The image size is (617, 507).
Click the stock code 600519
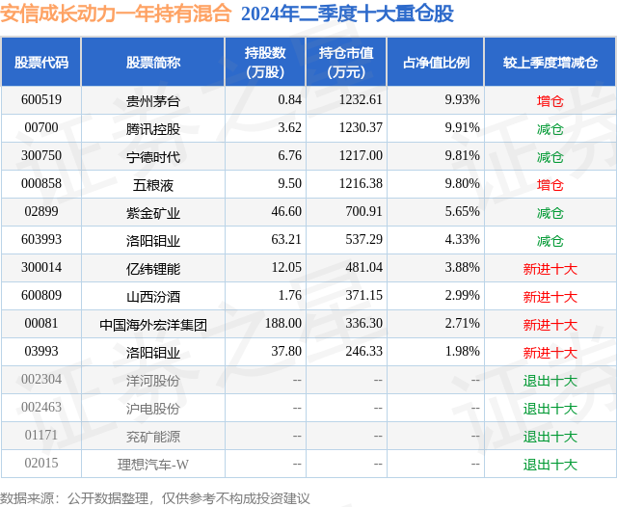point(41,100)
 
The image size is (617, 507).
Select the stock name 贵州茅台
point(153,100)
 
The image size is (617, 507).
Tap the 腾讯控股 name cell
point(153,128)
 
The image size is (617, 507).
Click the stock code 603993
point(41,240)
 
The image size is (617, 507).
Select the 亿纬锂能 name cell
point(153,268)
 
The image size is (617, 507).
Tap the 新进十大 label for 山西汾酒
point(550,297)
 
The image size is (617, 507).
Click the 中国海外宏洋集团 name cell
point(153,325)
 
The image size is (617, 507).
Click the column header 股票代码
point(41,63)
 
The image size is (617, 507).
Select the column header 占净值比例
point(443,63)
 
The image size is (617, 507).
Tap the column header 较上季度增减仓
point(550,63)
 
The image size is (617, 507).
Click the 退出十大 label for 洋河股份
point(550,381)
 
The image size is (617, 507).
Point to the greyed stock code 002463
point(41,409)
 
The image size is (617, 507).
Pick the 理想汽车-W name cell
point(153,465)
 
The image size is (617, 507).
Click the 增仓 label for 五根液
point(550,184)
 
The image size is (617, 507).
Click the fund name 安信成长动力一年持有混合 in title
point(117,14)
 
